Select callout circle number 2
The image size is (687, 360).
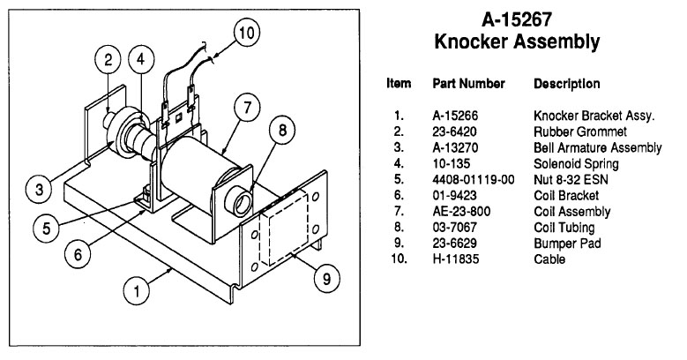pyautogui.click(x=108, y=61)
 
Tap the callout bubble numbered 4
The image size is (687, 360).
pyautogui.click(x=138, y=61)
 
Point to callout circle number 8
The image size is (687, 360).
pyautogui.click(x=281, y=131)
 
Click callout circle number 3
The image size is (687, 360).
pyautogui.click(x=38, y=188)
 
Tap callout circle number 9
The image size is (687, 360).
pyautogui.click(x=325, y=279)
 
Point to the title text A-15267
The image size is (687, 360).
pyautogui.click(x=517, y=20)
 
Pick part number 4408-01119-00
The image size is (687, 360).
pyautogui.click(x=473, y=180)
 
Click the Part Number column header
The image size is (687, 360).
pyautogui.click(x=468, y=84)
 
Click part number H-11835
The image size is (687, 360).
pyautogui.click(x=456, y=259)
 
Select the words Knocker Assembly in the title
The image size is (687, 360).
pyautogui.click(x=517, y=41)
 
